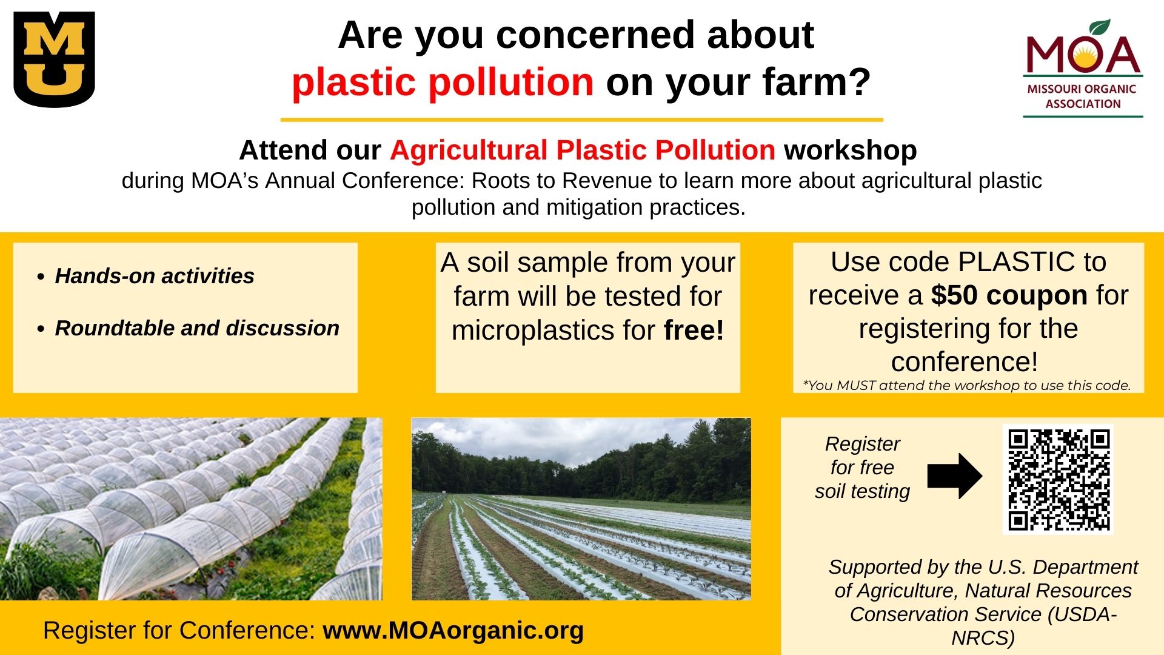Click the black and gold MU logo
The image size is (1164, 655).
(55, 59)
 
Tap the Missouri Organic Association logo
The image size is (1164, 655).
(1083, 67)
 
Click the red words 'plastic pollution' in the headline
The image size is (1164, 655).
(443, 82)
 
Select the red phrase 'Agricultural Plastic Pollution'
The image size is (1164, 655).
(582, 150)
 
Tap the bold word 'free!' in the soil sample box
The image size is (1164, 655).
(694, 331)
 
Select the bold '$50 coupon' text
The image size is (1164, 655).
(1009, 295)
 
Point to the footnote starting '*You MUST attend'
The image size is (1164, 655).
(967, 385)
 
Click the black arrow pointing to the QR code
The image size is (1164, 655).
(955, 476)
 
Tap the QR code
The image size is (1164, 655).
(1059, 480)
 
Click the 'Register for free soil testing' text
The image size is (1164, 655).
(862, 468)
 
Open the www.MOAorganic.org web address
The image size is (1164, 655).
(453, 630)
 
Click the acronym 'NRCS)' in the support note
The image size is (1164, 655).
(983, 638)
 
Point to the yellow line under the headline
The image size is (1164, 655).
(581, 120)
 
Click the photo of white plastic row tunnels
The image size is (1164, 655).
(191, 509)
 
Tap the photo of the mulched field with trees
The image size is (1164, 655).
(581, 509)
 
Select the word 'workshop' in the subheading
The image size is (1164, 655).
(851, 150)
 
